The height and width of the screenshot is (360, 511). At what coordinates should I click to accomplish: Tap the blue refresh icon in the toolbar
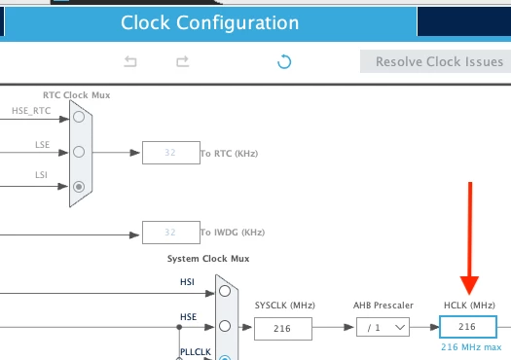pos(284,61)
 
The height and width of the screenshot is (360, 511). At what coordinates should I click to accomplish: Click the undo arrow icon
pos(130,61)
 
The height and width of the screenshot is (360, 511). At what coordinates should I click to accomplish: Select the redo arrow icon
pos(183,61)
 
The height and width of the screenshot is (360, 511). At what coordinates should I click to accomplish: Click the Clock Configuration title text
pos(210,22)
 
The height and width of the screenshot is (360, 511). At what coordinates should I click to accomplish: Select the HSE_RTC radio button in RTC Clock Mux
pos(79,117)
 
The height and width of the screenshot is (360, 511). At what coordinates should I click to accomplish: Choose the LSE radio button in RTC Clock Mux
pos(79,152)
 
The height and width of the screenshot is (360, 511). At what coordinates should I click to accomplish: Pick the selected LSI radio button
pos(79,187)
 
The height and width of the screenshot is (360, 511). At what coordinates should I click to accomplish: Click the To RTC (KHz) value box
pos(171,153)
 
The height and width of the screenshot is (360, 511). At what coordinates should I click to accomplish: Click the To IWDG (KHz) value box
pos(171,233)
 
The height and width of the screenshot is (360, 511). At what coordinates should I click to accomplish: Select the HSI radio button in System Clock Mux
pos(225,291)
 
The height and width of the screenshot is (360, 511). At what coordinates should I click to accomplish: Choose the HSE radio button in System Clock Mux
pos(225,326)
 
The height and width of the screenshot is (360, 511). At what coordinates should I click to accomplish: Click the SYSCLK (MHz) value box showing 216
pos(283,329)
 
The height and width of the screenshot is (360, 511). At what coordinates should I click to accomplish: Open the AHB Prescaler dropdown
pos(383,327)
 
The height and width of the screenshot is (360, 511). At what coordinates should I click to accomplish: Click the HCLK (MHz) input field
pos(468,327)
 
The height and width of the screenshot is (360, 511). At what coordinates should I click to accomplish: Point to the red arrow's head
pos(469,294)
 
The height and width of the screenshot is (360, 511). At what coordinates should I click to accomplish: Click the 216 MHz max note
pos(471,347)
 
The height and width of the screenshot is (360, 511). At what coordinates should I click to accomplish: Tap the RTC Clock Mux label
pos(76,95)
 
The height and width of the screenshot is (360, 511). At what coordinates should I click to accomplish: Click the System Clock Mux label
pos(208,259)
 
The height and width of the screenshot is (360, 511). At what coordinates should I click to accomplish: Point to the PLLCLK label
pos(196,352)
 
